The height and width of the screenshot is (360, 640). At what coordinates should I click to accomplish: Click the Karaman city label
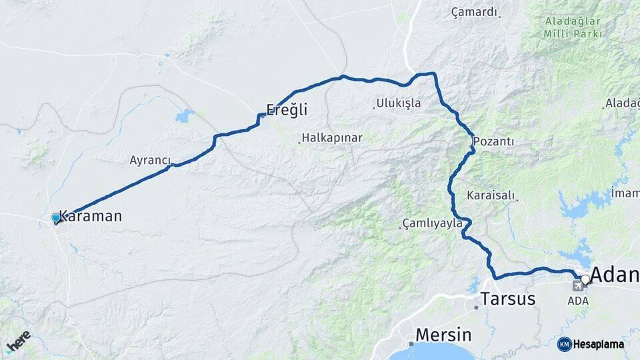pyautogui.click(x=91, y=216)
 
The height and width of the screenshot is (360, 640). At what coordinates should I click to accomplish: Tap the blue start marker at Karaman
pyautogui.click(x=56, y=217)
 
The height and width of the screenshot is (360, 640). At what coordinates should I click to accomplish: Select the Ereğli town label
pyautogui.click(x=287, y=109)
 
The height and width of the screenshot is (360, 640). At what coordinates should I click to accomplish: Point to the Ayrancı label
pyautogui.click(x=150, y=161)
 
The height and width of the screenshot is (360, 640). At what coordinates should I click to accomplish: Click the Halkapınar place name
pyautogui.click(x=332, y=138)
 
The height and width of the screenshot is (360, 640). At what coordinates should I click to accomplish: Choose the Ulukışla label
pyautogui.click(x=399, y=103)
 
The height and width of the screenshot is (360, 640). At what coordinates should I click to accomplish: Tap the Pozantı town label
pyautogui.click(x=494, y=142)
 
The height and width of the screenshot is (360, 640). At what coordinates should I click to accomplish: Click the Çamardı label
pyautogui.click(x=474, y=12)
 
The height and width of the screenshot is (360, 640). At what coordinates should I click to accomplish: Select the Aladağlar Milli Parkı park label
pyautogui.click(x=573, y=27)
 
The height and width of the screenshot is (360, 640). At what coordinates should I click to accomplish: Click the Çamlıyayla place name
pyautogui.click(x=432, y=223)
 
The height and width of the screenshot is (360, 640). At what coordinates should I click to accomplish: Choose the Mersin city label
pyautogui.click(x=443, y=334)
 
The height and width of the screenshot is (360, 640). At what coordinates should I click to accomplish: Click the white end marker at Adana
pyautogui.click(x=585, y=279)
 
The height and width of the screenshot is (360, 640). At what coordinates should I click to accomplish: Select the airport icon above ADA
pyautogui.click(x=577, y=286)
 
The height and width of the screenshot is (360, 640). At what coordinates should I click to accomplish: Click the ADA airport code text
pyautogui.click(x=578, y=301)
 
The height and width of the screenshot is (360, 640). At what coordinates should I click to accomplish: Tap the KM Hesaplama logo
pyautogui.click(x=591, y=344)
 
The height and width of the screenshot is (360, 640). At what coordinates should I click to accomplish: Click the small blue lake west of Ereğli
pyautogui.click(x=184, y=117)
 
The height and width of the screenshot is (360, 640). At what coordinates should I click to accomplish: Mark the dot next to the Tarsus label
pyautogui.click(x=476, y=307)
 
